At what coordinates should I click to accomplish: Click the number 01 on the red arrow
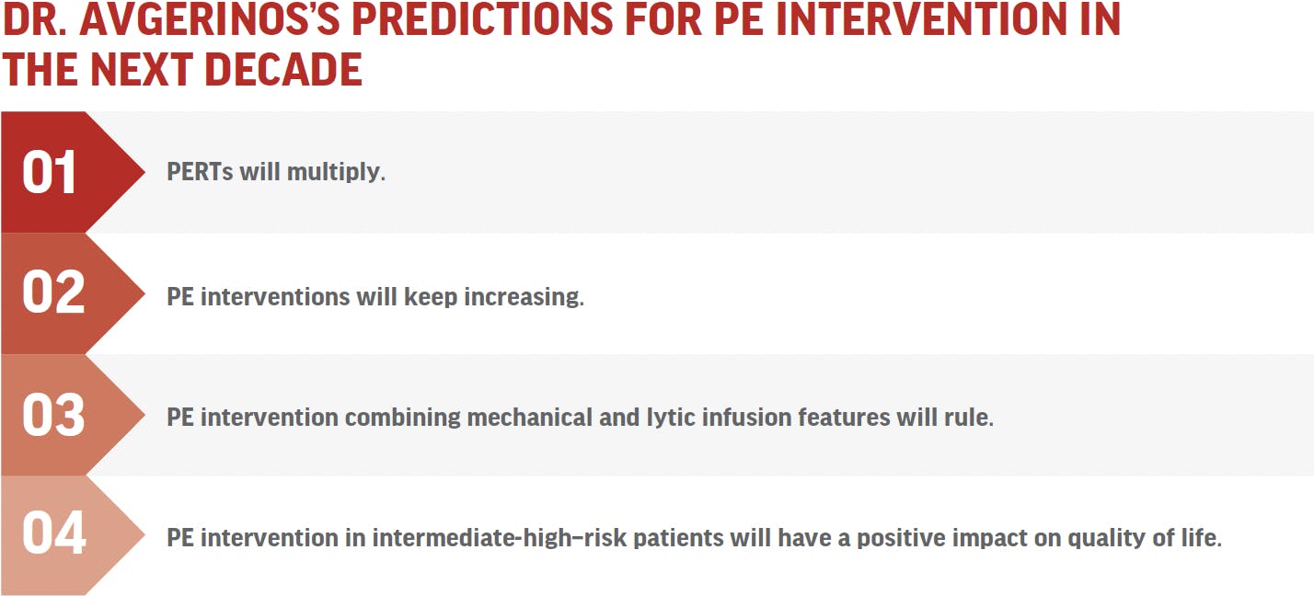click(x=49, y=171)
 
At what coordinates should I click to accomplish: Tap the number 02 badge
click(x=53, y=292)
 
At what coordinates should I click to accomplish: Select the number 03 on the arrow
click(x=53, y=415)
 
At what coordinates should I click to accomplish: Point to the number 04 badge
click(x=54, y=533)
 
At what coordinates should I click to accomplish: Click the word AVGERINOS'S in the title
click(x=210, y=19)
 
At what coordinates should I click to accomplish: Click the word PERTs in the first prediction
click(x=200, y=172)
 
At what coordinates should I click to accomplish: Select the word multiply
click(x=336, y=173)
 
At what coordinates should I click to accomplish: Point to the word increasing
click(x=524, y=297)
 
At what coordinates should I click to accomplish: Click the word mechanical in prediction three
click(x=530, y=418)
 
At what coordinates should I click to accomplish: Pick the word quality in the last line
click(x=1106, y=538)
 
